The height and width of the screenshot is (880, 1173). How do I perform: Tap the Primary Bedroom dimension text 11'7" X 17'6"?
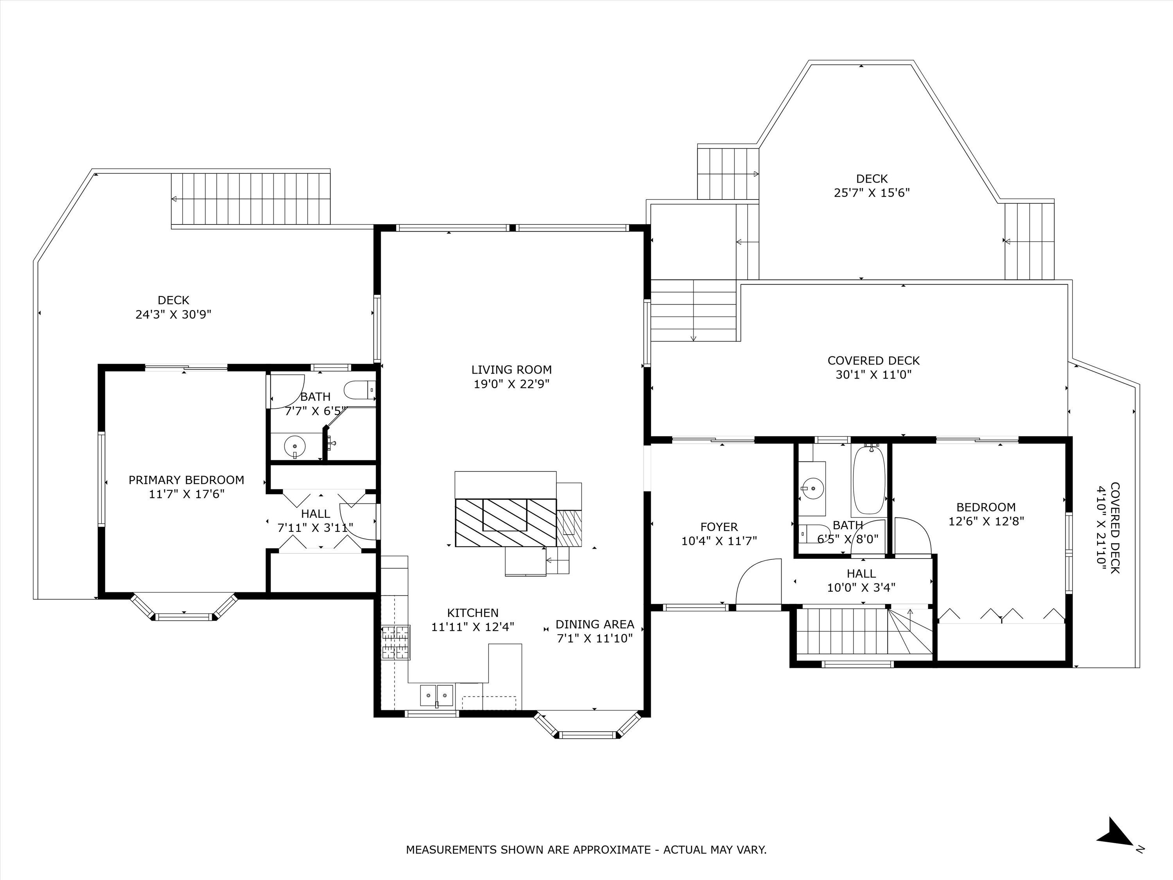pyautogui.click(x=187, y=494)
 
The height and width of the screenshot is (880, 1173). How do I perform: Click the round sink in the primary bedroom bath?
pyautogui.click(x=294, y=446)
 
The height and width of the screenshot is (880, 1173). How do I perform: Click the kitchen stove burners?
pyautogui.click(x=396, y=643)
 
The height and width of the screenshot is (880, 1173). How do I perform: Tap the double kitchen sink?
pyautogui.click(x=437, y=695)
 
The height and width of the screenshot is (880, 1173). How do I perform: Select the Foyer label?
pyautogui.click(x=719, y=527)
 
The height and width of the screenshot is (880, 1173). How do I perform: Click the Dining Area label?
pyautogui.click(x=594, y=624)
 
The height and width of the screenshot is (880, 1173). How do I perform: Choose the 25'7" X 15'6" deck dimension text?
pyautogui.click(x=872, y=192)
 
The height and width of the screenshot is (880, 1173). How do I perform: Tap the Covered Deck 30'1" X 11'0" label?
pyautogui.click(x=873, y=368)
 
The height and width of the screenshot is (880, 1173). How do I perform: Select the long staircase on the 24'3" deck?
pyautogui.click(x=251, y=200)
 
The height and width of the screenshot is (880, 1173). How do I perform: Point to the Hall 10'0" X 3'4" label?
pyautogui.click(x=861, y=580)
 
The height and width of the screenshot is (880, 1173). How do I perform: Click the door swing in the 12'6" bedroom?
pyautogui.click(x=913, y=536)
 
